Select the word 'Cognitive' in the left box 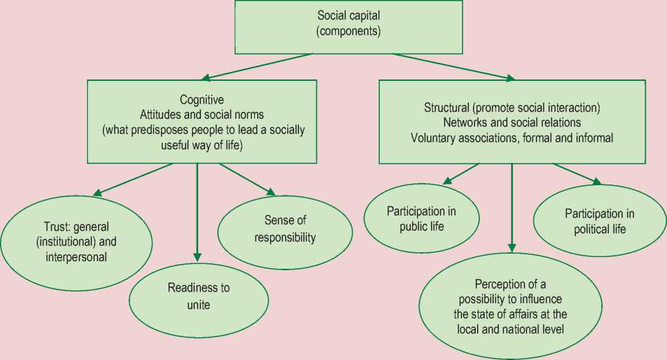pyautogui.click(x=202, y=100)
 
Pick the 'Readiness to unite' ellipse pyautogui.click(x=199, y=296)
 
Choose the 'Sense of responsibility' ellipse pyautogui.click(x=285, y=229)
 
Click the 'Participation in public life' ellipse pyautogui.click(x=421, y=218)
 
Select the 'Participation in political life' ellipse pyautogui.click(x=599, y=220)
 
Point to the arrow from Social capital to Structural pyautogui.click(x=453, y=66)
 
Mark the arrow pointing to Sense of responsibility pyautogui.click(x=246, y=179)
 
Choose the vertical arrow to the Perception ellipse pyautogui.click(x=512, y=207)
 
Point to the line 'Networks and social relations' pyautogui.click(x=512, y=122)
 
